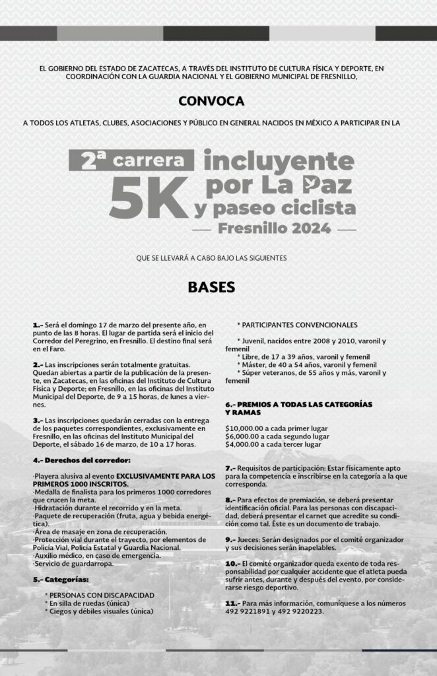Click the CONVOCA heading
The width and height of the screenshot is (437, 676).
[x=211, y=101]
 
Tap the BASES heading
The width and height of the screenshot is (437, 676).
[x=212, y=288]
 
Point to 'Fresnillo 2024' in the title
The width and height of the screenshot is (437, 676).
[x=273, y=229]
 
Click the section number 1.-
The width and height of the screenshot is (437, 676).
[x=38, y=325]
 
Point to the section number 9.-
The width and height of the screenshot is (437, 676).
[x=230, y=539]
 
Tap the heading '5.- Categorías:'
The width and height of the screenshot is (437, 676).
[x=61, y=579]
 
